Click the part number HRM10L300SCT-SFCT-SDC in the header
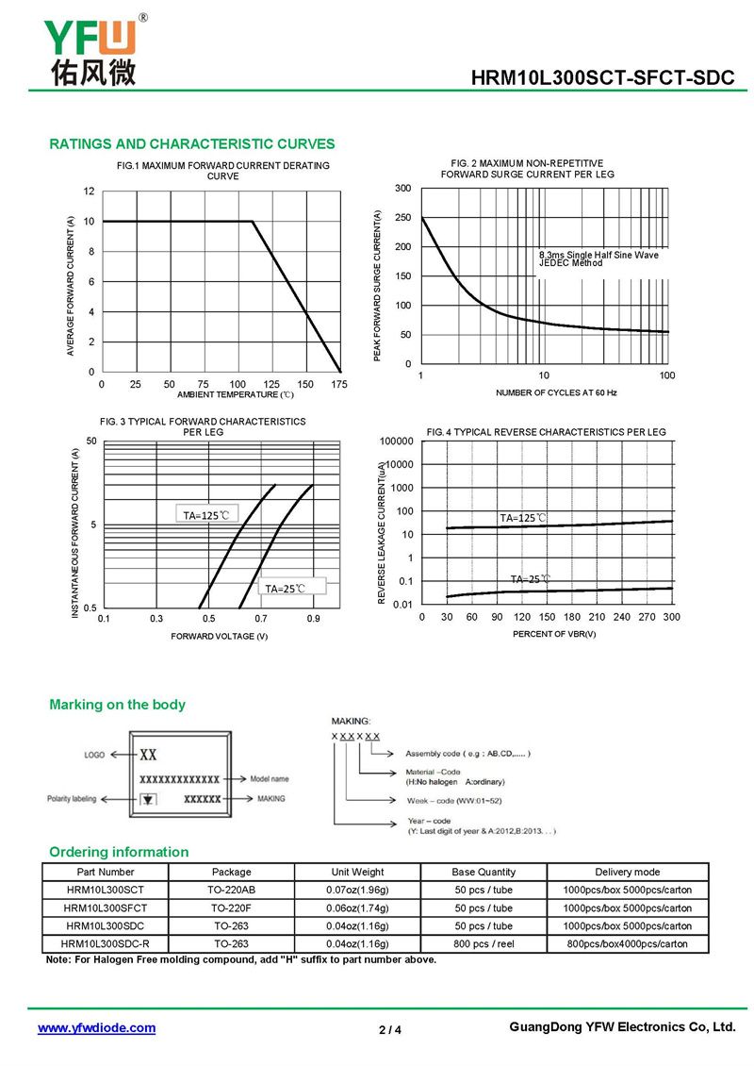pos(602,79)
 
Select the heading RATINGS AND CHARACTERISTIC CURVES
pos(191,144)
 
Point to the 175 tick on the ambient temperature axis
pos(339,385)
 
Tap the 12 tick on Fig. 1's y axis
pos(90,192)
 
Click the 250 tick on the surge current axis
pos(403,218)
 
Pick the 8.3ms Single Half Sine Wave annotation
pos(598,255)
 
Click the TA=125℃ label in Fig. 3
pos(206,515)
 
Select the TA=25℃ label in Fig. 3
pos(286,588)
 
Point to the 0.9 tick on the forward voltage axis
pos(313,619)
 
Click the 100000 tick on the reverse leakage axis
pos(396,441)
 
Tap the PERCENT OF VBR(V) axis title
pos(554,634)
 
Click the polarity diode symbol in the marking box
pos(147,799)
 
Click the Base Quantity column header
pos(484,872)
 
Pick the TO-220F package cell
pos(231,908)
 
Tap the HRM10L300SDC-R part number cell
pos(105,943)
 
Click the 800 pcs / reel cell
pos(484,943)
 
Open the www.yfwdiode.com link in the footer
pos(96,1028)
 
